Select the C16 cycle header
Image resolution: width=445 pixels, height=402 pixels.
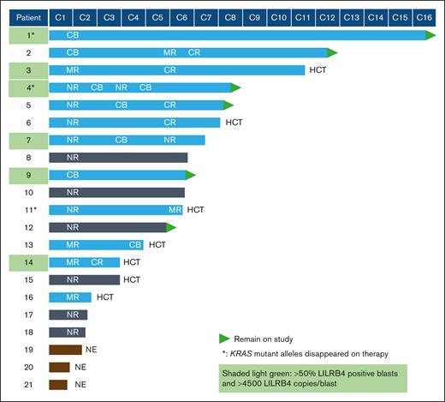click(x=424, y=16)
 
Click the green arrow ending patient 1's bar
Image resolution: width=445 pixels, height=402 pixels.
click(x=431, y=35)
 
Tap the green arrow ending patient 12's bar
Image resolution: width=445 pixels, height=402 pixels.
click(x=171, y=227)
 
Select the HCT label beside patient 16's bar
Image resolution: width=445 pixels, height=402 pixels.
click(x=105, y=297)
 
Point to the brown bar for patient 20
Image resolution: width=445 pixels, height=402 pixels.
click(x=59, y=367)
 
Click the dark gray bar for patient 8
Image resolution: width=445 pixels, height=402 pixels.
click(x=118, y=157)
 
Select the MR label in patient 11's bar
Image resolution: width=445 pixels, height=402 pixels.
click(x=175, y=209)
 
